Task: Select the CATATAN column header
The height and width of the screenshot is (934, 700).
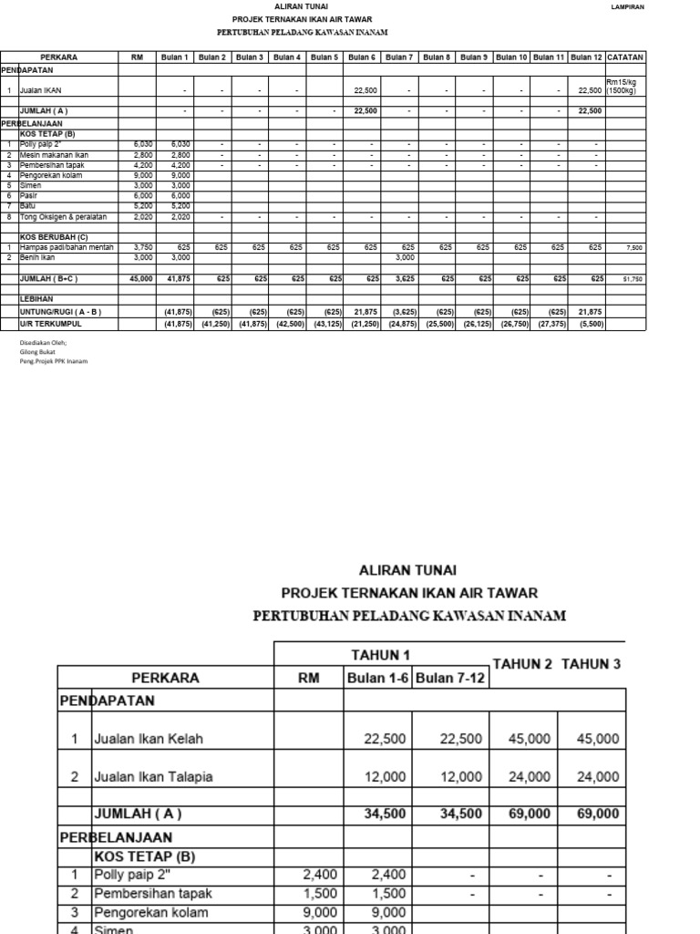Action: click(x=625, y=57)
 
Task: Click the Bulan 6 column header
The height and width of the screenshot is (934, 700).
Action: click(x=363, y=57)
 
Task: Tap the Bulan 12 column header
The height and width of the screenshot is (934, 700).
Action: click(x=587, y=57)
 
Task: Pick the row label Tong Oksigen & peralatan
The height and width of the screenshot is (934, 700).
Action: click(x=64, y=217)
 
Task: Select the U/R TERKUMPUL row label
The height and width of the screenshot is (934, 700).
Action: click(x=51, y=324)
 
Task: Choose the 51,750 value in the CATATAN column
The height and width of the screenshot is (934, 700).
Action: click(x=633, y=279)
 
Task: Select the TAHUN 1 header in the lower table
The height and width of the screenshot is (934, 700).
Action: click(x=381, y=654)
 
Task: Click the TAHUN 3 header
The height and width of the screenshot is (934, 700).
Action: click(x=591, y=664)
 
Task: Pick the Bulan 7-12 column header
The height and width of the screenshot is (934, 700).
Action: click(x=450, y=678)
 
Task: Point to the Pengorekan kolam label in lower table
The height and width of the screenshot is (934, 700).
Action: click(x=150, y=912)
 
